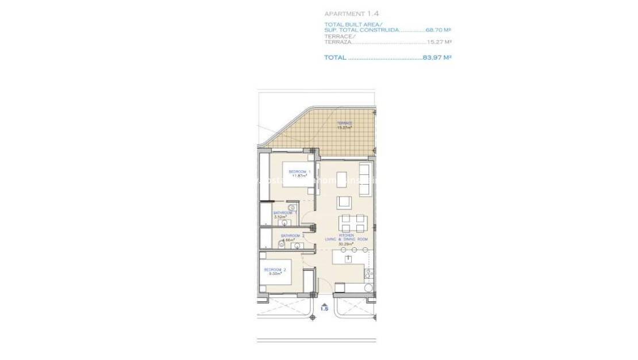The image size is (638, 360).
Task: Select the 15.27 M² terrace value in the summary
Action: pos(439,42)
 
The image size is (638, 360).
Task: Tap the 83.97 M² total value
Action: pos(437,58)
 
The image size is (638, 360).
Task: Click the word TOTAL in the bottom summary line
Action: pos(335,58)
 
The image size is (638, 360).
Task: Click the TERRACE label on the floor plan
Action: pos(344,123)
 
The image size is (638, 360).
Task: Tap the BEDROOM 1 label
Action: pos(299,172)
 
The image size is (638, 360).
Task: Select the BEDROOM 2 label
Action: pos(274,270)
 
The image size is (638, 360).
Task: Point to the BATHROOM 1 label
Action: pos(285,213)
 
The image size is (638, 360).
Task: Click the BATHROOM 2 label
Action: pos(292,236)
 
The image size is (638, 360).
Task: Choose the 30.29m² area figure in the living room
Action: pos(345,243)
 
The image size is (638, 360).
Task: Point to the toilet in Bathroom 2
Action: pos(281,245)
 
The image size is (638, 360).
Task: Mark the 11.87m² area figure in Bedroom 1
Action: pos(298,177)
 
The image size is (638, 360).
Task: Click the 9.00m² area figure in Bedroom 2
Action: pos(274,274)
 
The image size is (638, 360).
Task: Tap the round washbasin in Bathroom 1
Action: pos(291,207)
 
